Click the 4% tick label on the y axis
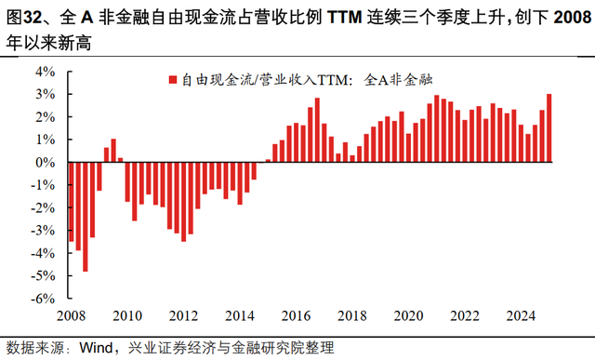[46, 72]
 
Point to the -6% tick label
[43, 299]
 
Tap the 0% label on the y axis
[46, 163]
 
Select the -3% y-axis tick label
[43, 231]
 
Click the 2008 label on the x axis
[71, 316]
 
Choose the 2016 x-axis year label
[296, 316]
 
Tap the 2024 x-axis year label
[521, 316]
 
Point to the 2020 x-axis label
[408, 316]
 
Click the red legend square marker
[173, 80]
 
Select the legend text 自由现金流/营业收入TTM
[264, 80]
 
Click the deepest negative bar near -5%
[86, 217]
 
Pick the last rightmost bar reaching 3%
[549, 128]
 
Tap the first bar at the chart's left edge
[72, 202]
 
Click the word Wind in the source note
[96, 348]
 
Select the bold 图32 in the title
[24, 18]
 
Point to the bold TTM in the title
[345, 18]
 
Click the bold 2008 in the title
[573, 18]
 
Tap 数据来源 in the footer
[35, 348]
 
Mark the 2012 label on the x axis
[184, 316]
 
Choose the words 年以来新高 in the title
[48, 44]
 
